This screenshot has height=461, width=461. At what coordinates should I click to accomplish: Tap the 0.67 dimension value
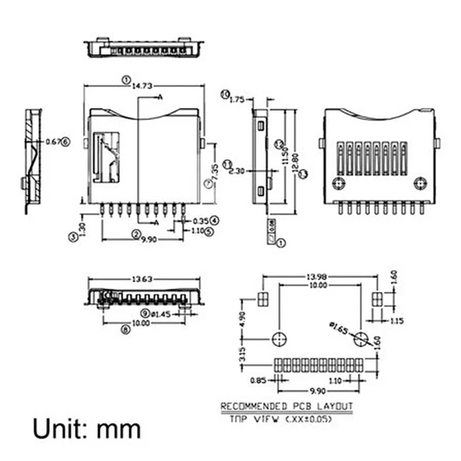point(52,142)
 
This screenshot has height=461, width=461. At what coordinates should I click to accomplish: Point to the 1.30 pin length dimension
point(82,229)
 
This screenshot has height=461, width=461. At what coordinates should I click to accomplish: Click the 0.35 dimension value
point(199,220)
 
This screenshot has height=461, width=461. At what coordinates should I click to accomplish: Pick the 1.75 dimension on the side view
point(238,99)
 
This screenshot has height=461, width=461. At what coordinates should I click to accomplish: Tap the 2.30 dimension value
point(238,171)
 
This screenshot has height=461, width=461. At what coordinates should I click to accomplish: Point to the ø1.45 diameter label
point(161,314)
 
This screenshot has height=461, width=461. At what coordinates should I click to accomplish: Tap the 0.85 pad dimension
point(259,380)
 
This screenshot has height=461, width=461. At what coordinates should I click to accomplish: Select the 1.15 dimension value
point(396,321)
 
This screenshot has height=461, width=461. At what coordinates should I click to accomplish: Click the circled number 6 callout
point(65,142)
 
